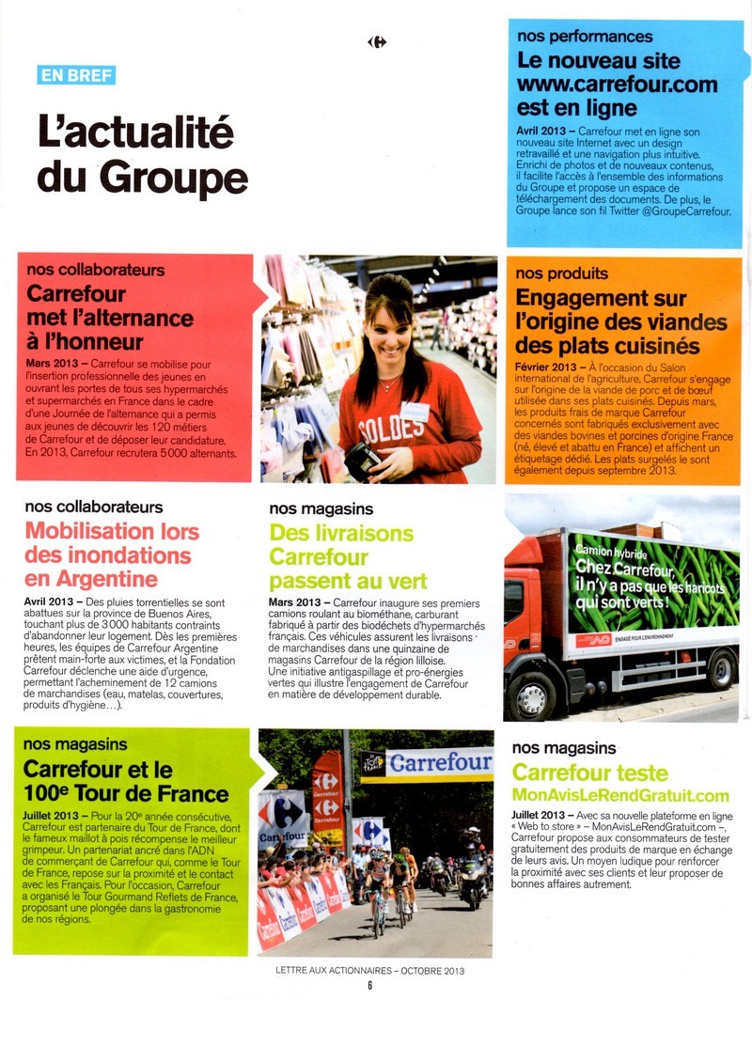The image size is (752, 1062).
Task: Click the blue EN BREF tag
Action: pos(77,75)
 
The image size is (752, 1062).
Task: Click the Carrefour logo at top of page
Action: pos(377,41)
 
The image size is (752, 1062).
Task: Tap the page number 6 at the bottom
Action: pos(370,985)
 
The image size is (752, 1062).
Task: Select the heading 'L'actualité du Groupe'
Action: pos(142,154)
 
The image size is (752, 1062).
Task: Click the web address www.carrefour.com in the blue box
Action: pos(617,84)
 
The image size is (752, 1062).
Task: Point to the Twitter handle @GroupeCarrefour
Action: pos(675,211)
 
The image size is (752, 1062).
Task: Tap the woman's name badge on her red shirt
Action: pos(415,411)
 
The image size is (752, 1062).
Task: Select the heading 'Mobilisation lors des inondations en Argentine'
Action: pos(113,554)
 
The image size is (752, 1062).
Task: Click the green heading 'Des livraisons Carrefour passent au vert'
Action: pos(348,556)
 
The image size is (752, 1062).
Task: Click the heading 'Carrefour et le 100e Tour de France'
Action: pos(126,782)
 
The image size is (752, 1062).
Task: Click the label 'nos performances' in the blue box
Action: pos(585,37)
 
